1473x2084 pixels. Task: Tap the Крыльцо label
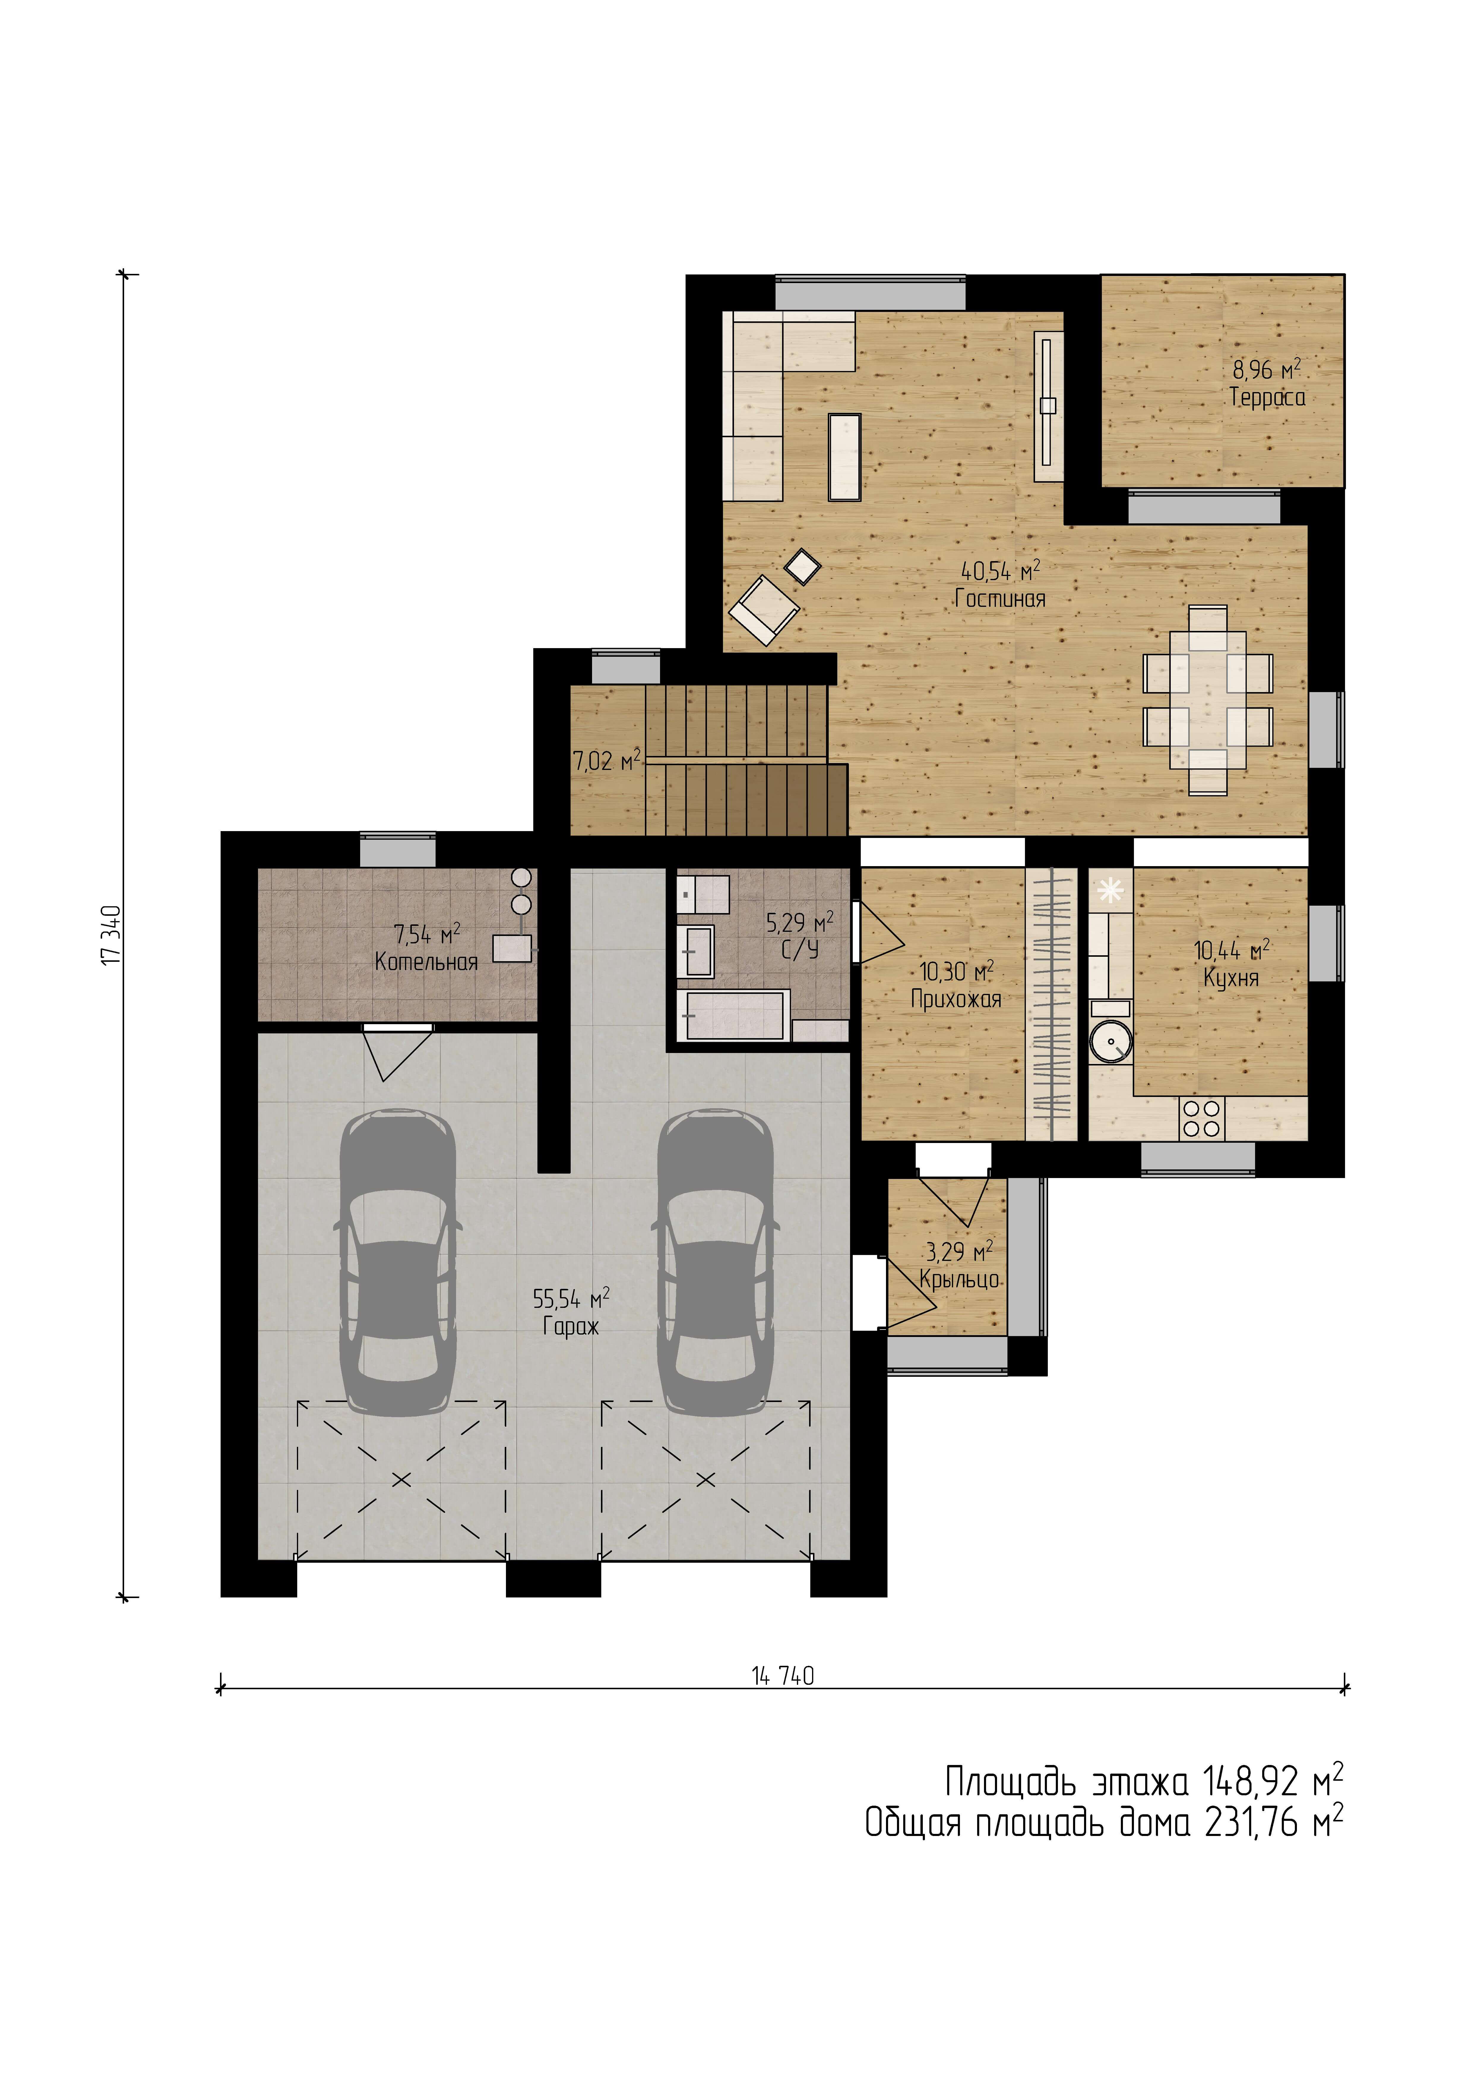coord(959,1280)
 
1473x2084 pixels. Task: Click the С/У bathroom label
coord(800,950)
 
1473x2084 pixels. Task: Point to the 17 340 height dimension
coord(112,935)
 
